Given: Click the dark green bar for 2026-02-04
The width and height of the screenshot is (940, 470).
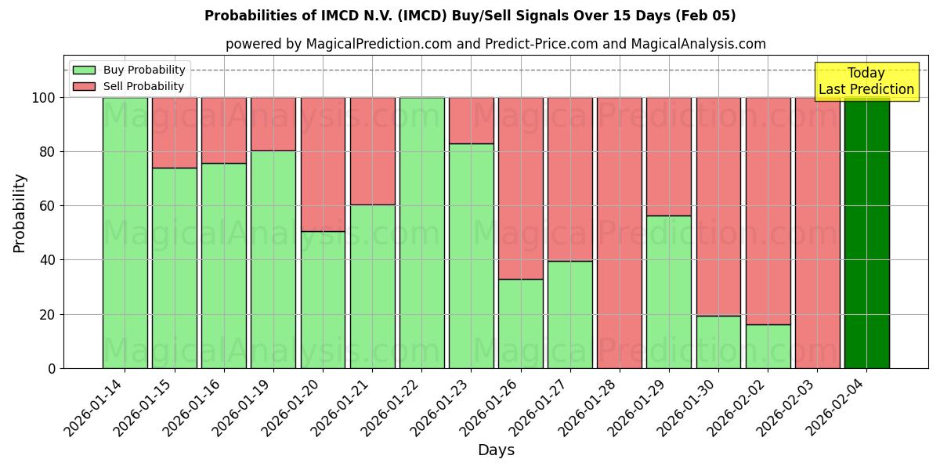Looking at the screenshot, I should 866,233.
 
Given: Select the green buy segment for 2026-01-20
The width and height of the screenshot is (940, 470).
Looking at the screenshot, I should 323,299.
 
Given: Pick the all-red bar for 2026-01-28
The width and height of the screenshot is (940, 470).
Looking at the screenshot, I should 619,233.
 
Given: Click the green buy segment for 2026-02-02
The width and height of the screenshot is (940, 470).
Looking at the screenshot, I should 768,346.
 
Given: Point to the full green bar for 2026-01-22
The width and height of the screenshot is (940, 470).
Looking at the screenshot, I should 421,233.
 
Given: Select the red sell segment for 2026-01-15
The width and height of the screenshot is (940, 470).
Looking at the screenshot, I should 174,132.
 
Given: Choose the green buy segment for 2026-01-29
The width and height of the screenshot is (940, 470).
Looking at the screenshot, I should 669,291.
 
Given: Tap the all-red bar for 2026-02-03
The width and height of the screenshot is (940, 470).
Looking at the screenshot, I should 817,233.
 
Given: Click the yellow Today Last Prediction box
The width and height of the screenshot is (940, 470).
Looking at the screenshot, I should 866,81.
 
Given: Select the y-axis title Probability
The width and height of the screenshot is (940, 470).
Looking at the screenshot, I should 20,212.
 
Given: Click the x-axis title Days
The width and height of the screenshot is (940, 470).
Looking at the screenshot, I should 496,450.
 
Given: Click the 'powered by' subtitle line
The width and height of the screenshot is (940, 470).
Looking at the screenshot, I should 495,44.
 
